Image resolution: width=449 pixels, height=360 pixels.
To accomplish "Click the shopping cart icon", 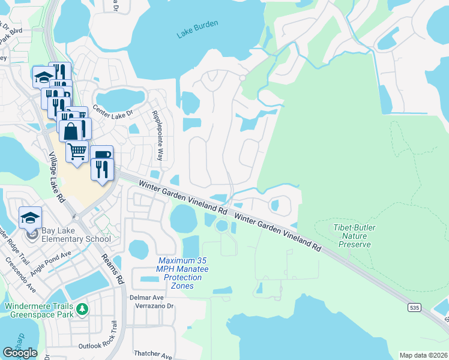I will pos(77,153).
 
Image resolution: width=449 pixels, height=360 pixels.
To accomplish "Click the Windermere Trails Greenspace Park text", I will pos(40,310).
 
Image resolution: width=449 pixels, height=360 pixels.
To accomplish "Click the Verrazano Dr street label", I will pos(153,305).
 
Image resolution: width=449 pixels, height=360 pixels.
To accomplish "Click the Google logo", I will pos(20,352).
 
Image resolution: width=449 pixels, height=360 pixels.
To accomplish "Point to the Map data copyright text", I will pos(423,355).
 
